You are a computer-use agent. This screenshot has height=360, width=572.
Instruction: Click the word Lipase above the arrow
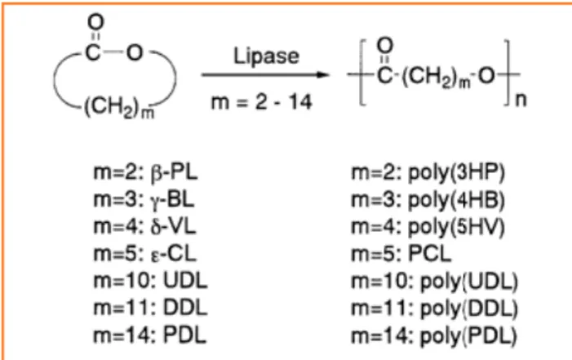click(266, 56)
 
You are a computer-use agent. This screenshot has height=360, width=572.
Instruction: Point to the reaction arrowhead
click(322, 75)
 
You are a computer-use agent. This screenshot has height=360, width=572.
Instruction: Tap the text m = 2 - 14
click(262, 102)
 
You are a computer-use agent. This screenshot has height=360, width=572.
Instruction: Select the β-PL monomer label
click(174, 172)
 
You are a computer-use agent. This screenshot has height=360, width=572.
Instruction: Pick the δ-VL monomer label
click(173, 227)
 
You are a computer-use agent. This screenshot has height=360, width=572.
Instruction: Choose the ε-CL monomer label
click(174, 254)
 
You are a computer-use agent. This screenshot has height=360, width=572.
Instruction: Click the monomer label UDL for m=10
click(185, 281)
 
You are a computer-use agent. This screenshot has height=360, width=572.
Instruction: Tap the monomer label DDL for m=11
click(185, 308)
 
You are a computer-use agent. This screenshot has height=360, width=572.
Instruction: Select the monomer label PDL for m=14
click(185, 336)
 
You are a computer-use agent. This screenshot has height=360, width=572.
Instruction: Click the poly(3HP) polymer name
click(456, 172)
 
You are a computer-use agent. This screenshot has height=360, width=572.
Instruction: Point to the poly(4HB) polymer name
click(456, 200)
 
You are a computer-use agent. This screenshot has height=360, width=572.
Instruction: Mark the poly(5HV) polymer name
click(456, 227)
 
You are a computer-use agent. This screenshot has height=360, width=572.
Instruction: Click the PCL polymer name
click(430, 254)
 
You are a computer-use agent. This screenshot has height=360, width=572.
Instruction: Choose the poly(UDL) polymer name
click(469, 282)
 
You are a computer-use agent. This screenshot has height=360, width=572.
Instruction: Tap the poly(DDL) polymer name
click(469, 309)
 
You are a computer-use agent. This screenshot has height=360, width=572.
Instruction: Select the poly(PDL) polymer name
click(468, 336)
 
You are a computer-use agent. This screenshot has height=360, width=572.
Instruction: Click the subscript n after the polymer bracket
click(521, 100)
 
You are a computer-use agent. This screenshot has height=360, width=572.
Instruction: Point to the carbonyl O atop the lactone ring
click(95, 21)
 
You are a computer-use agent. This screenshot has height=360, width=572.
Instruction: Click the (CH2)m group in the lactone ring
click(119, 109)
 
